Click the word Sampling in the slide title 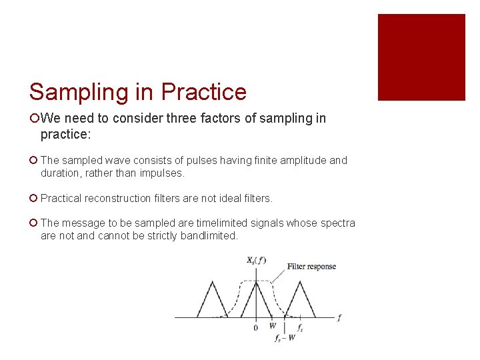tap(79, 93)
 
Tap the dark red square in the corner tap(421, 57)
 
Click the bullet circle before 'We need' tap(34, 119)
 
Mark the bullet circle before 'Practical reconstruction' tap(34, 199)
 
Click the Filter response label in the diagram tap(311, 267)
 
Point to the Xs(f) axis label tap(255, 261)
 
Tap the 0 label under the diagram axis tap(255, 328)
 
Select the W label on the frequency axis tap(272, 327)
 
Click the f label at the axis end tap(339, 318)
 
